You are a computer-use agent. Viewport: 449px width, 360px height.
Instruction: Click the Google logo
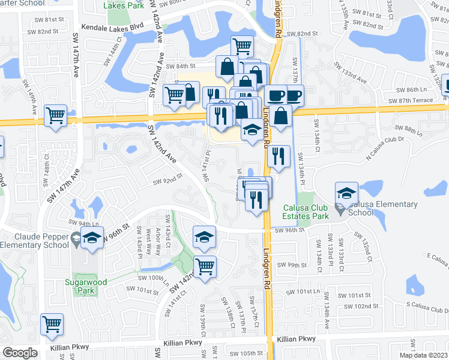click(20, 353)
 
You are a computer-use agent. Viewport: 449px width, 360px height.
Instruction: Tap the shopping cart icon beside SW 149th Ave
click(56, 116)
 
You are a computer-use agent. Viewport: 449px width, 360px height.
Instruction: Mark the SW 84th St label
click(181, 66)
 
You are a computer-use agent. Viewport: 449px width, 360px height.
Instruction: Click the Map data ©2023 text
click(424, 355)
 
